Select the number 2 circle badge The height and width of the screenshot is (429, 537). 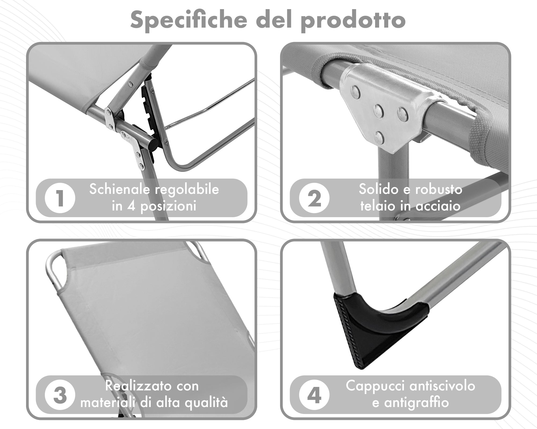point(314,198)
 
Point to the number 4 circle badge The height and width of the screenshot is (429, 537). point(314,395)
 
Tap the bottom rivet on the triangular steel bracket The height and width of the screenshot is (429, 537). point(379,137)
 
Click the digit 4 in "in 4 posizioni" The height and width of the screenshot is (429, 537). point(131,206)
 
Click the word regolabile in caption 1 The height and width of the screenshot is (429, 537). point(187,189)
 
